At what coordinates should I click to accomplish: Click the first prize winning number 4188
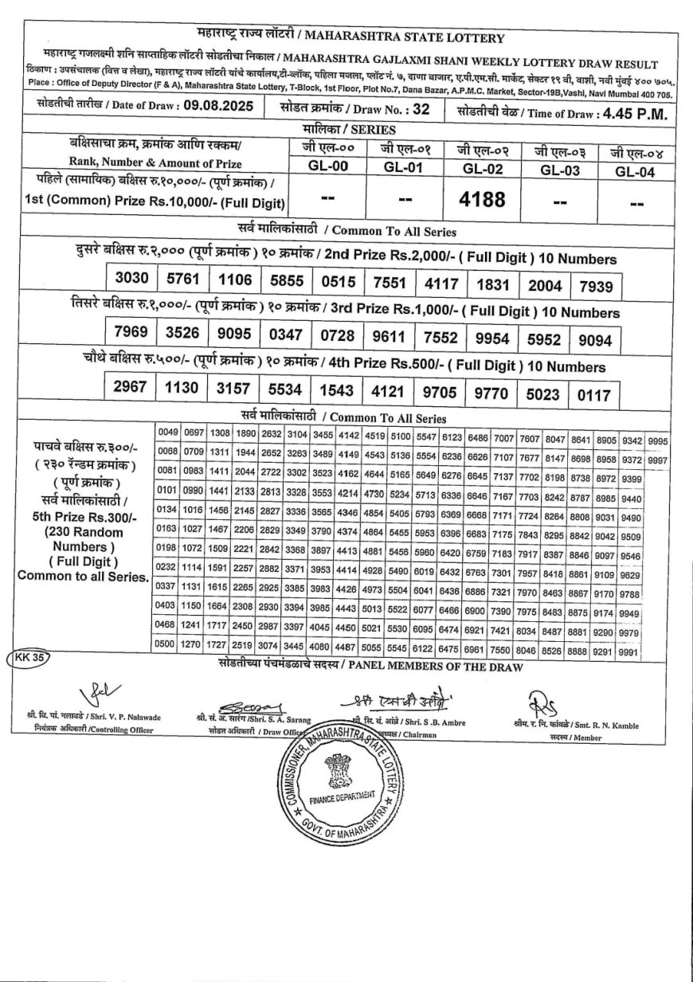coord(483,199)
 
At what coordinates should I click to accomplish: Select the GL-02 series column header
coord(482,169)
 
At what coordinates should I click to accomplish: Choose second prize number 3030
coord(131,280)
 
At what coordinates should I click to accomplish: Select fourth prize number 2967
coord(131,388)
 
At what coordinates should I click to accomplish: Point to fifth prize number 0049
coord(168,432)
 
